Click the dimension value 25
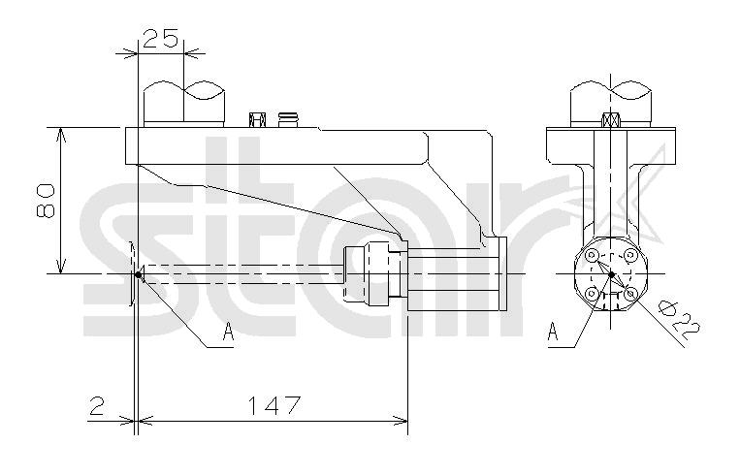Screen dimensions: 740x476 tap(160, 39)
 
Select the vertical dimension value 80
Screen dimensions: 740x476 tap(46, 201)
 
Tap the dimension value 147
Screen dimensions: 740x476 tap(274, 405)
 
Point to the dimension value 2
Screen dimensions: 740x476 tap(96, 405)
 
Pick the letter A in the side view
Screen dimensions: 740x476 tap(228, 331)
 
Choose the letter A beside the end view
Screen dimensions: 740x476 tap(553, 331)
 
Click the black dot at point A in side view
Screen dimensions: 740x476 tap(138, 274)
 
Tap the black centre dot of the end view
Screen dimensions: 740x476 tap(611, 274)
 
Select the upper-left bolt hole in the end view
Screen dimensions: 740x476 tap(592, 255)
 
